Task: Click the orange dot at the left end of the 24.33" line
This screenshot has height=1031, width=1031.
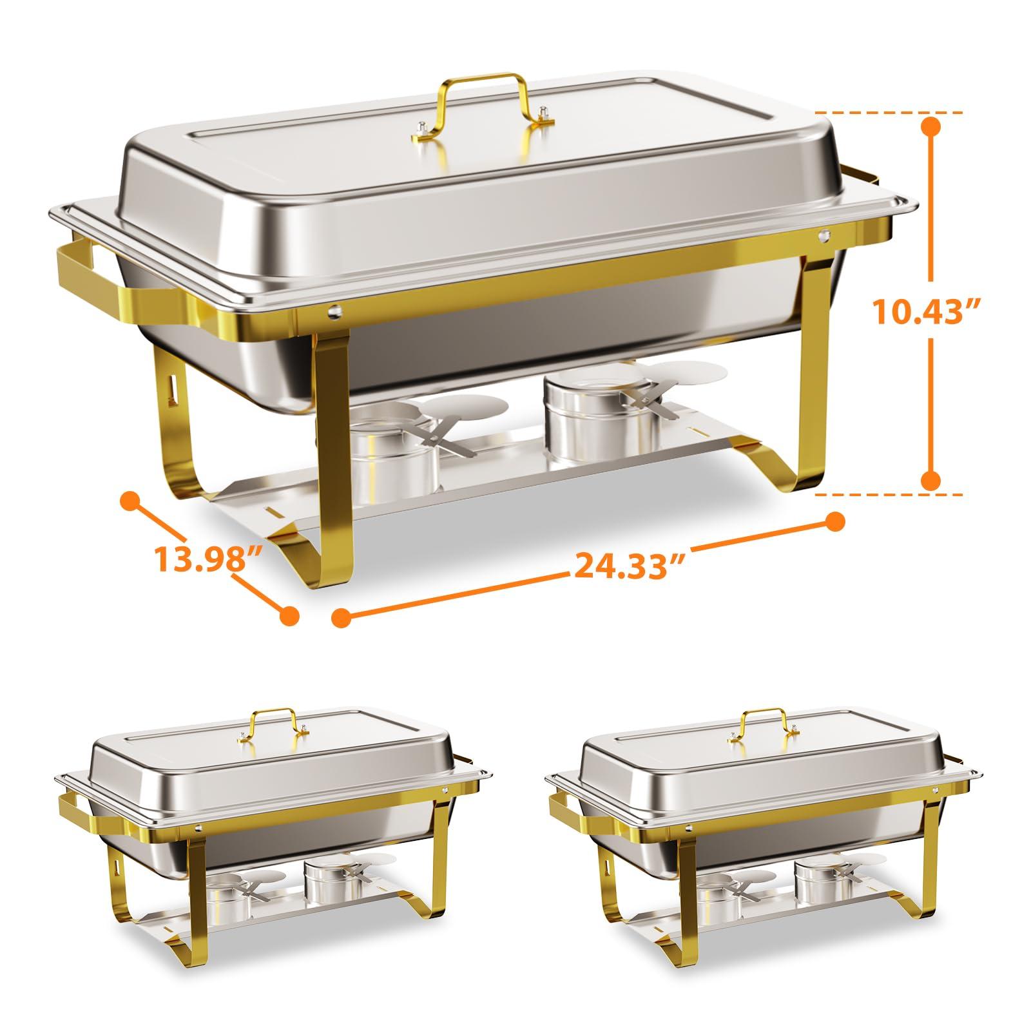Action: click(x=342, y=617)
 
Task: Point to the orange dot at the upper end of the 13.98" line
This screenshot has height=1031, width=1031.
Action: click(x=131, y=500)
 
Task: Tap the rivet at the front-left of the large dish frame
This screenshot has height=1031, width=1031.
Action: click(x=333, y=311)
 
